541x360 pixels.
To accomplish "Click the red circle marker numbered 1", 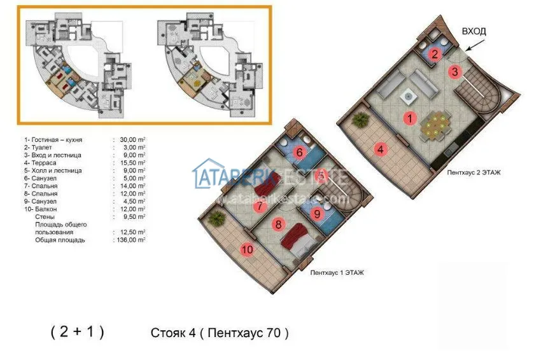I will point(411,118).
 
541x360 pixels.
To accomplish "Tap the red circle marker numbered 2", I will point(434,54).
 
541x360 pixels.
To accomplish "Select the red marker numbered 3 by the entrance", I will point(454,71).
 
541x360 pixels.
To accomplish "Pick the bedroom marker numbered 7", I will point(259,206).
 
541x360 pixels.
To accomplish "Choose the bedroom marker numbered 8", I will point(278,224).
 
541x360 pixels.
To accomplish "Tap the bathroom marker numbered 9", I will point(318,214).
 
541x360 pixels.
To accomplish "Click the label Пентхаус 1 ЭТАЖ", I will point(337,272).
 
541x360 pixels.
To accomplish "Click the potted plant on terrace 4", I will point(360,120).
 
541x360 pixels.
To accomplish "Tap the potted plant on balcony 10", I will point(217,218).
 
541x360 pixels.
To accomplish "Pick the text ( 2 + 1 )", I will point(77,332).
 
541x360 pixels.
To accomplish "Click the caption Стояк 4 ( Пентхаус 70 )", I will point(220,333).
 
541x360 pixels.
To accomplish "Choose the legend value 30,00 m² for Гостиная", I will point(130,140).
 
